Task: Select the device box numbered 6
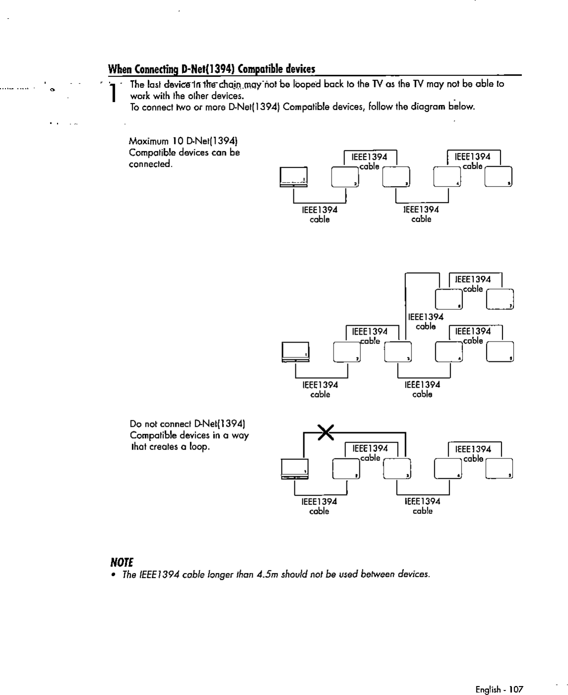tap(449, 299)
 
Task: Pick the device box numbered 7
tap(501, 299)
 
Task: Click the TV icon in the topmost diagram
tap(293, 177)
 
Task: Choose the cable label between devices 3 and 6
tap(426, 321)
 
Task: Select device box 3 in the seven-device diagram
tap(398, 352)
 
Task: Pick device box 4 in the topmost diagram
tap(448, 177)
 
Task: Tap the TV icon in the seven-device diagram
tap(295, 352)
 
